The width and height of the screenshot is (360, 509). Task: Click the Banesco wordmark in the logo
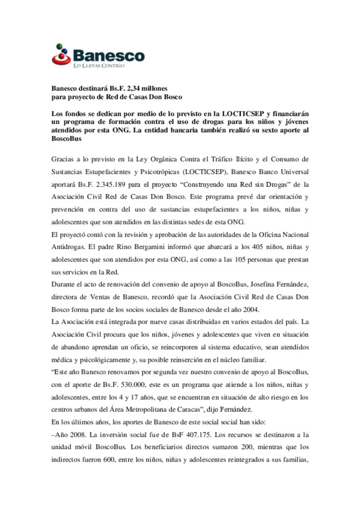coord(109,55)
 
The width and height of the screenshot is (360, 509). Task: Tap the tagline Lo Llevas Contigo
coord(99,66)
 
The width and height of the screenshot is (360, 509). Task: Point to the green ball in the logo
coord(59,46)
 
